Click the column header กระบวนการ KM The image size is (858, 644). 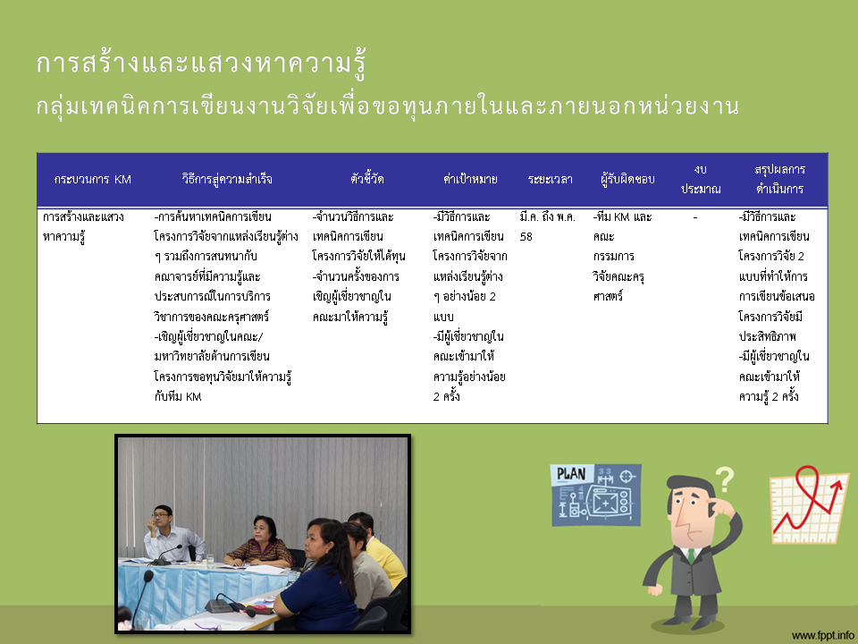tap(92, 179)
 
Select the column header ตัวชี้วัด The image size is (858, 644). tap(366, 179)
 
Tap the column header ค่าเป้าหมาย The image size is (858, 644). tap(470, 179)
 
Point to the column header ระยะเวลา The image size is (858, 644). tap(550, 179)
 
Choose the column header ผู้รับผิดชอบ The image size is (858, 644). tap(627, 179)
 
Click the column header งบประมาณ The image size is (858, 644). tap(701, 179)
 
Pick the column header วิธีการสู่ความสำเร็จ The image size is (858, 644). tap(226, 179)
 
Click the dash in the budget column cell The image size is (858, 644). tap(695, 217)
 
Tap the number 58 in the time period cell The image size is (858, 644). tap(526, 236)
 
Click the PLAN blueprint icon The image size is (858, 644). tap(596, 495)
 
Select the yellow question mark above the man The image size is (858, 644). tap(725, 479)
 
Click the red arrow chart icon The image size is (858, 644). tap(809, 504)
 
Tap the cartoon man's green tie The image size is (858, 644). tap(691, 555)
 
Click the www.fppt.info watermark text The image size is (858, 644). tap(823, 635)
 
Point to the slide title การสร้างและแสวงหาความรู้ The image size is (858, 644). tap(201, 64)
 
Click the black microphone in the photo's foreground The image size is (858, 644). tap(141, 599)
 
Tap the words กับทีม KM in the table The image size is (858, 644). tap(178, 396)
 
